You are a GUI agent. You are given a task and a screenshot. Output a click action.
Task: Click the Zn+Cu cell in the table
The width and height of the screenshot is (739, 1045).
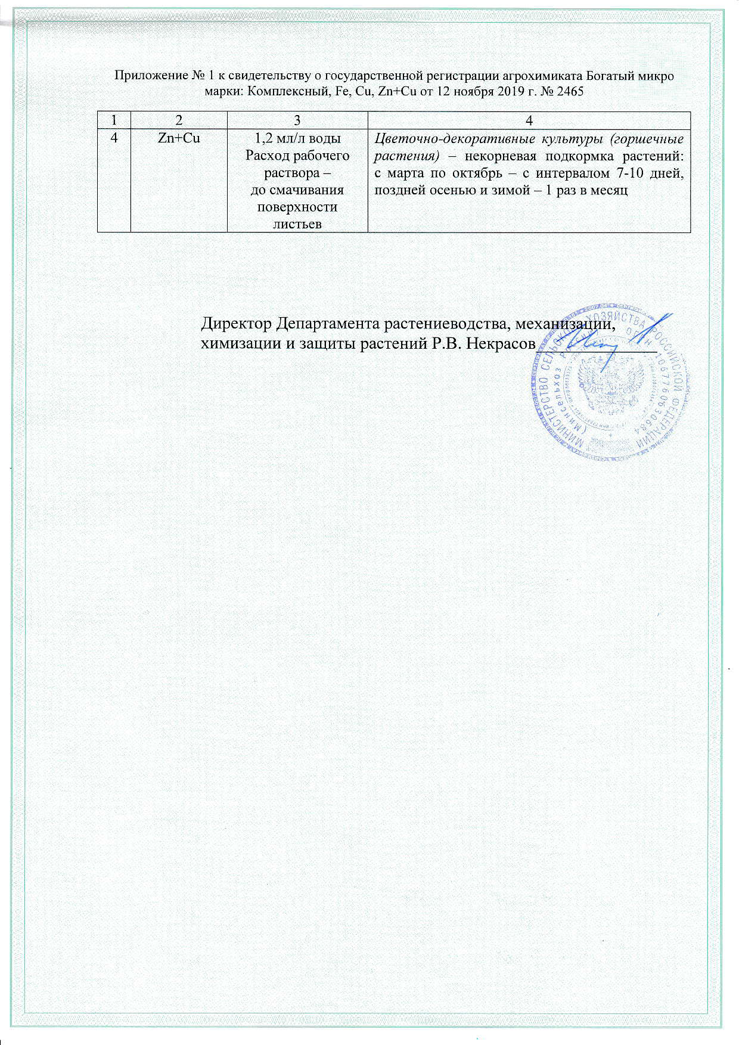(x=179, y=138)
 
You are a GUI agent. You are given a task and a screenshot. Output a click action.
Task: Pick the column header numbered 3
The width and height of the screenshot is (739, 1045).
(x=297, y=120)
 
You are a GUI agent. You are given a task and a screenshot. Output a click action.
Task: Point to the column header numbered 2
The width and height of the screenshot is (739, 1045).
(x=179, y=120)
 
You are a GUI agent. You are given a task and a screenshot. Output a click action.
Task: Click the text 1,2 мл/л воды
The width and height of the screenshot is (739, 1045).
(x=297, y=138)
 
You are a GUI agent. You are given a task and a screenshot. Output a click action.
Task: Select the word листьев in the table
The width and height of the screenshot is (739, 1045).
(x=297, y=224)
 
